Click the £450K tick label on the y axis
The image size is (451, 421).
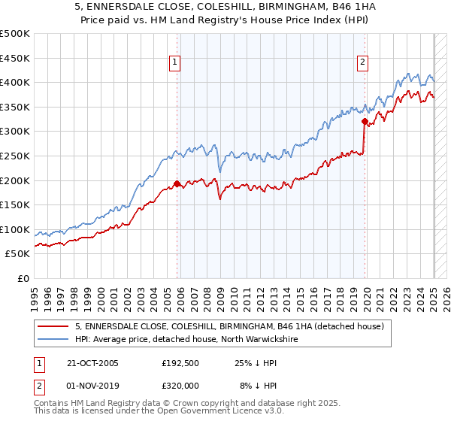(x=15, y=58)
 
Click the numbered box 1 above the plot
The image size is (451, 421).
(x=174, y=63)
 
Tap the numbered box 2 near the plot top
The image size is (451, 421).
(x=362, y=63)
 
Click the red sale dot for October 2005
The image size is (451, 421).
(x=177, y=183)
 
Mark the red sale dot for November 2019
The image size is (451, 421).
(x=365, y=121)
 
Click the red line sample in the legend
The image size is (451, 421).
(x=55, y=326)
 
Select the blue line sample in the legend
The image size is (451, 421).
(x=55, y=339)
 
